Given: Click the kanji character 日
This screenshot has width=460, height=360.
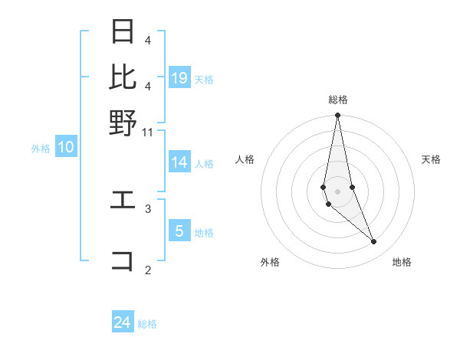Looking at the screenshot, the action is click(x=123, y=32).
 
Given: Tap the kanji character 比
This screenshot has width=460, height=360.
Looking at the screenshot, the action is click(x=123, y=77).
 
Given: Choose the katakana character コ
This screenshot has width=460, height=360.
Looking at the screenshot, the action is click(x=123, y=260).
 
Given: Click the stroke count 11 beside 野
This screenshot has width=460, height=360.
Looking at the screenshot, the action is click(x=148, y=132).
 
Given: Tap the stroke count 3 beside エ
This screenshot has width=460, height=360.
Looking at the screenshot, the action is click(x=148, y=208).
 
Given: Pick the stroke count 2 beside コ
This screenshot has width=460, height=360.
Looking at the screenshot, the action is click(x=148, y=270).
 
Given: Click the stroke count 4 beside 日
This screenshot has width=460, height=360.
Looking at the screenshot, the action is click(x=148, y=40).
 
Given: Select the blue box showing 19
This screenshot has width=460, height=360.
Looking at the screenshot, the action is click(x=179, y=77).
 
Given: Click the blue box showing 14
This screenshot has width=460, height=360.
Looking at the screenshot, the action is click(x=179, y=162).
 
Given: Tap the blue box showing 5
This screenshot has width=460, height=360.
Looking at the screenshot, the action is click(x=179, y=231).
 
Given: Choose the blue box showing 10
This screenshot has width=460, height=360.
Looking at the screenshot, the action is click(x=66, y=147).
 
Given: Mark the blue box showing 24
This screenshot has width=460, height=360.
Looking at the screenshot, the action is click(x=123, y=322).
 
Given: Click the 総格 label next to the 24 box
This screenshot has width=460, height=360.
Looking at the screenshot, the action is click(x=148, y=324).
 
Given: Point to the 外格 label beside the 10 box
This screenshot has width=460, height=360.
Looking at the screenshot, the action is click(x=41, y=149).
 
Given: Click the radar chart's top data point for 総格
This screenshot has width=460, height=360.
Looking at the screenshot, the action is click(x=337, y=116).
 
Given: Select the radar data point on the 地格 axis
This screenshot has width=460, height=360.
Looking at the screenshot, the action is click(x=374, y=242).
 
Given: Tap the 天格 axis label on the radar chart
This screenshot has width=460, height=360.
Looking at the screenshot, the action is click(x=431, y=159).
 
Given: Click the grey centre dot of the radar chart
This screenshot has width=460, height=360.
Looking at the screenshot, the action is click(x=337, y=191).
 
